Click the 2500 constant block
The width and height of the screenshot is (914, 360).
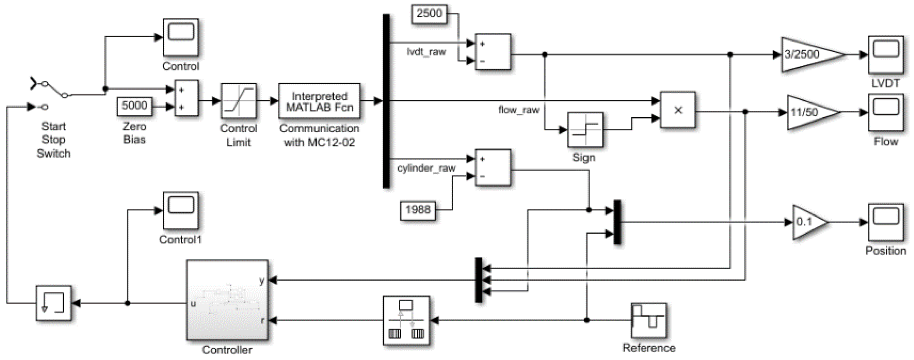coord(429,14)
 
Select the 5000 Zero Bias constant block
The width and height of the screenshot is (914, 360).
coord(134,106)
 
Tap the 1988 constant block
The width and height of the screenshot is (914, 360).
coord(418,210)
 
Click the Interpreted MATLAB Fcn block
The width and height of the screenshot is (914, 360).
coord(319,102)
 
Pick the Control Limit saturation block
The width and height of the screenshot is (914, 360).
coord(239,102)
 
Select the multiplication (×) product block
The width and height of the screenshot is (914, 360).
coord(678,110)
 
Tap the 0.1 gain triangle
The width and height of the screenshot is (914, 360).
coord(808,222)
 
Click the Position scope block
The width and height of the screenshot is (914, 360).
coord(886,222)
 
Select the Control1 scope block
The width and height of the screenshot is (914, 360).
coord(181,211)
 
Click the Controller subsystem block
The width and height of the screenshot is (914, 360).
coord(227,300)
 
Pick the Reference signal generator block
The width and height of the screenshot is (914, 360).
coord(649,321)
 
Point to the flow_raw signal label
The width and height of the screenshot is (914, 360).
coord(518,110)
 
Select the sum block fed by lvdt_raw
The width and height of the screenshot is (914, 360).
coord(492,52)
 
